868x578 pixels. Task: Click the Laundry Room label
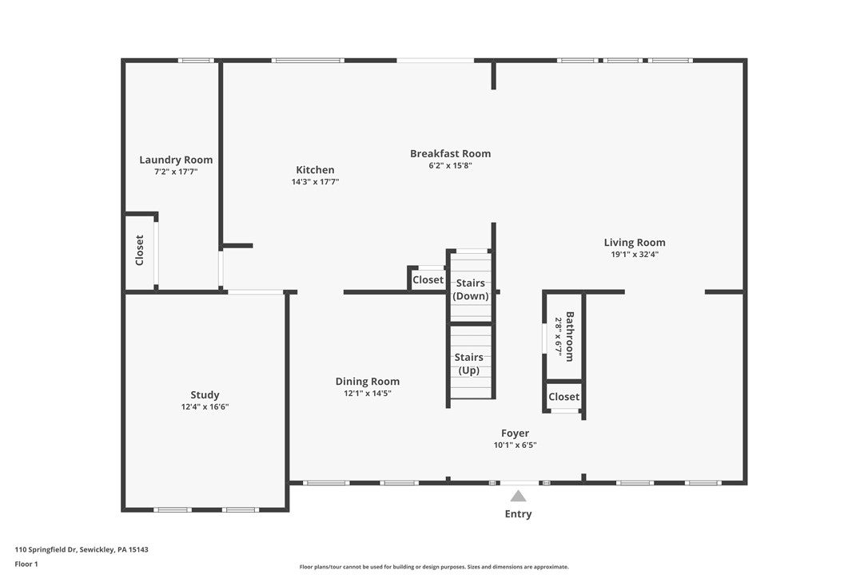coord(176,160)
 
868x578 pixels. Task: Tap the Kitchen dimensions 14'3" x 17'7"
coord(315,182)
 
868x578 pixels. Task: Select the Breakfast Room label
coord(450,153)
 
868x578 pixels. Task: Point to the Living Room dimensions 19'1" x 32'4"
coord(635,255)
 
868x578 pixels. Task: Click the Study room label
coord(205,395)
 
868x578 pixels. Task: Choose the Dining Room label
coord(367,382)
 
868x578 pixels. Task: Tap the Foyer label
coord(515,433)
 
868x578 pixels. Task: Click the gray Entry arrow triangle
coord(518,496)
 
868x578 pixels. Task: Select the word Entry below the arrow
coord(518,514)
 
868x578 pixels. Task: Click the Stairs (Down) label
coord(471,290)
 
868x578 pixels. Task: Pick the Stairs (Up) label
coord(469,363)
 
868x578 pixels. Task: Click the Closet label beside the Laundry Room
coord(140,250)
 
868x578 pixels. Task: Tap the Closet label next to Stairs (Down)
coord(428,280)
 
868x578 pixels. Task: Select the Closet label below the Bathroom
coord(563,397)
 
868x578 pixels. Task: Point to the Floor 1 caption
coord(26,564)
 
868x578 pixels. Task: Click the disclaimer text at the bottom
coord(434,567)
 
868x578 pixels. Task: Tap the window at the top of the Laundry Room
coord(196,60)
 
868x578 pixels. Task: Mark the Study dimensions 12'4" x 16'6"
coord(205,407)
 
